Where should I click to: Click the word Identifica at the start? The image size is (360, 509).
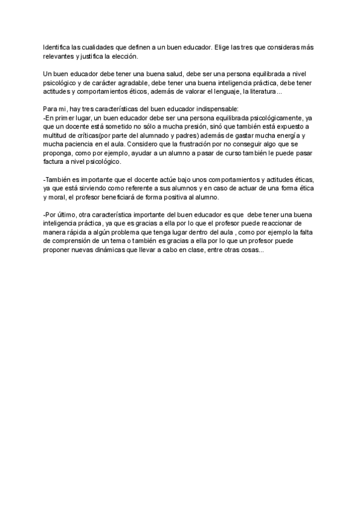point(57,47)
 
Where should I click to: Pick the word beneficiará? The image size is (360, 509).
point(125,197)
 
